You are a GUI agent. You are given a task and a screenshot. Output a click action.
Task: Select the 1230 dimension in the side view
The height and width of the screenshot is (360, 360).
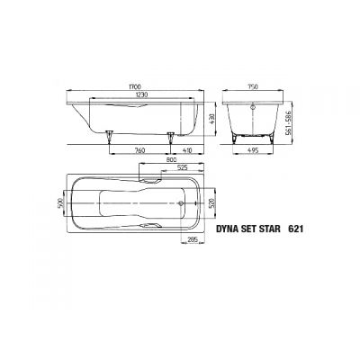pyautogui.click(x=136, y=96)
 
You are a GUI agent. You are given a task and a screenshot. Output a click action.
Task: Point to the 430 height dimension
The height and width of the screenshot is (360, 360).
pyautogui.click(x=212, y=118)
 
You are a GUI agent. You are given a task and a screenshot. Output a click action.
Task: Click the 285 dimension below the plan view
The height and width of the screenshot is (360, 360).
pyautogui.click(x=192, y=240)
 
